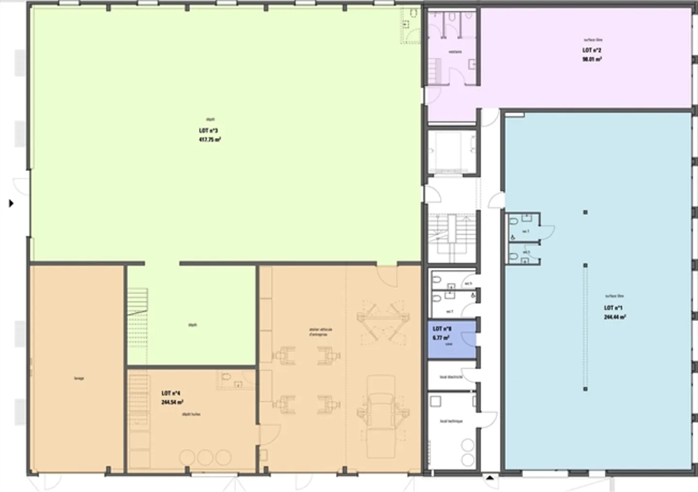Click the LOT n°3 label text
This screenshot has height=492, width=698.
208,131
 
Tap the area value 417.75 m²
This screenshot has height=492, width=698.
210,140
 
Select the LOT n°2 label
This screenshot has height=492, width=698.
592,50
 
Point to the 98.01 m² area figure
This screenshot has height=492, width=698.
592,59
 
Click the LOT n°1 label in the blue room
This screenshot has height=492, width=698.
613,308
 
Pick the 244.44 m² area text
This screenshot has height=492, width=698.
614,317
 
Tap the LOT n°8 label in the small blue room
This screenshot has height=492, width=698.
442,329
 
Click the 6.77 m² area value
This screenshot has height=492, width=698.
441,338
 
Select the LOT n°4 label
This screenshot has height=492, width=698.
171,393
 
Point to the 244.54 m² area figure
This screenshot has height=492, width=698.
172,402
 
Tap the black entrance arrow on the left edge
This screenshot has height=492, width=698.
11,203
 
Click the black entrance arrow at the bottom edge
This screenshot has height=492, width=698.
490,478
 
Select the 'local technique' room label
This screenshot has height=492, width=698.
451,421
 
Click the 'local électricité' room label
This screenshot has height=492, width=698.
451,377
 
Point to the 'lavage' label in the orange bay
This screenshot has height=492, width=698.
79,378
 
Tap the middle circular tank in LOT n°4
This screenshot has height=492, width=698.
205,457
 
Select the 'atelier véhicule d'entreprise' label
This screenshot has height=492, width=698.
320,332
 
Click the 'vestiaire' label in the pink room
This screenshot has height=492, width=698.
455,52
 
